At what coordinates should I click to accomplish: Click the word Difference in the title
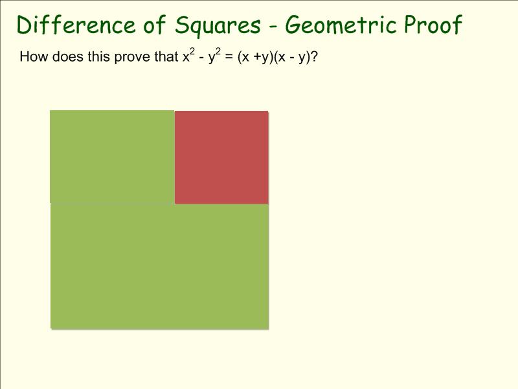(76, 25)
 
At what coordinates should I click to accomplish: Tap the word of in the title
(154, 25)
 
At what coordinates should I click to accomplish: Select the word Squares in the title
(218, 25)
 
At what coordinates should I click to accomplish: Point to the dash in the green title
(273, 25)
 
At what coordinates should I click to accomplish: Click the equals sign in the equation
(229, 57)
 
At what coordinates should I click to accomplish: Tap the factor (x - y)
(292, 58)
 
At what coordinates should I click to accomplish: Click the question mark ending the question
(314, 56)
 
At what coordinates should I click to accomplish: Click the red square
(221, 158)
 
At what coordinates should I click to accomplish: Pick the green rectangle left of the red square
(112, 157)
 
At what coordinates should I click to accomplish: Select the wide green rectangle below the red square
(160, 266)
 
